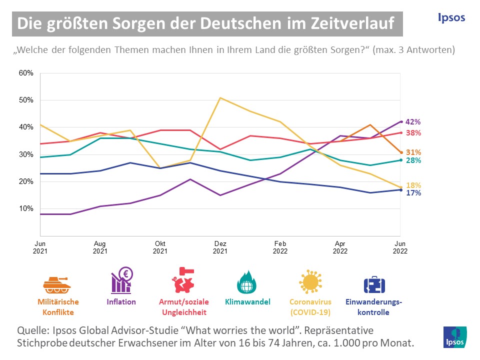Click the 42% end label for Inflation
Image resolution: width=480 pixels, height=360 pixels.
pos(413,121)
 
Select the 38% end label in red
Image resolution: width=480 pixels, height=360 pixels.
pos(413,133)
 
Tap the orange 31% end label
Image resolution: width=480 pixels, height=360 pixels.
pos(413,152)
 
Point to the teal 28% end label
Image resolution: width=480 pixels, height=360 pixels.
pos(413,160)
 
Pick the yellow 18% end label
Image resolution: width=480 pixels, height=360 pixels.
pos(413,185)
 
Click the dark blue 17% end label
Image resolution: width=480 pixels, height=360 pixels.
pos(413,193)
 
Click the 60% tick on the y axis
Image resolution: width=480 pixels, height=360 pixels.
pos(26,73)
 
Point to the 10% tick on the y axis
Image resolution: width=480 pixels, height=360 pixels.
pos(26,208)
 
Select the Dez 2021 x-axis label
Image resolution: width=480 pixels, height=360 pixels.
pos(220,247)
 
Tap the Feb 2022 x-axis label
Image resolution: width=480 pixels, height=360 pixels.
pos(280,247)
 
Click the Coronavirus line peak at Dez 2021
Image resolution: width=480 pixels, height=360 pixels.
pos(220,98)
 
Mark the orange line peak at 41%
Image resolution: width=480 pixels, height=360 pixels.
pos(370,124)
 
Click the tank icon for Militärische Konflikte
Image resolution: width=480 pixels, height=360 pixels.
pos(57,284)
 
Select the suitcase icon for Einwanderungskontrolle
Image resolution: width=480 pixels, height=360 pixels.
pos(373,284)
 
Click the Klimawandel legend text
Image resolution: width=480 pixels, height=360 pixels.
pos(247,301)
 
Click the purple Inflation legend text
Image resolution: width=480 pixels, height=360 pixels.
pos(121,301)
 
